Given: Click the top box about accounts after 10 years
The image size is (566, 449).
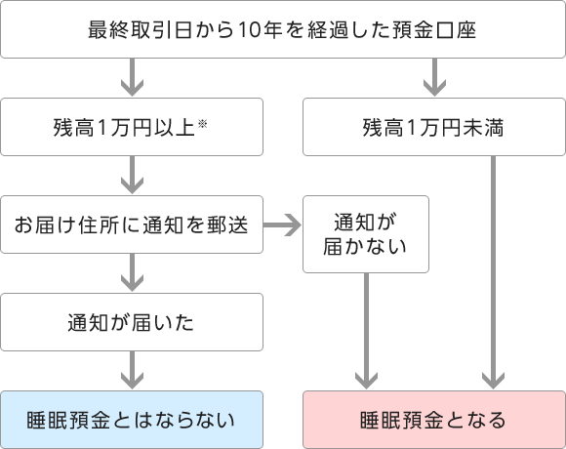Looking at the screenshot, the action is [283, 29].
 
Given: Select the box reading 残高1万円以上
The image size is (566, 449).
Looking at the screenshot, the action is [132, 127].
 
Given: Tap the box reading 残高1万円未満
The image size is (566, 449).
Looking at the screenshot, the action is [434, 127].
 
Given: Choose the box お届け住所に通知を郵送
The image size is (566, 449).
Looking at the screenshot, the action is [132, 224].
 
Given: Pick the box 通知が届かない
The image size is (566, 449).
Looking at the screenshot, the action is [366, 234].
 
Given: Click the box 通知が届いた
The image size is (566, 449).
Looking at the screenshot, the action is [132, 322].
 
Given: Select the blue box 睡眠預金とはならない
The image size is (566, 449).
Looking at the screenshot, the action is [132, 420].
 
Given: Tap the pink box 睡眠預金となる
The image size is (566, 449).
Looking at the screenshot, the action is [434, 420].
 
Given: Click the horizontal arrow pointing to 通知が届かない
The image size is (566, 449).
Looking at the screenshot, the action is [282, 224].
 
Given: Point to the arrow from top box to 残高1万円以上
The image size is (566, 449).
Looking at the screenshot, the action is [132, 77].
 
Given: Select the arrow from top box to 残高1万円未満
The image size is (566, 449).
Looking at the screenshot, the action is [434, 77].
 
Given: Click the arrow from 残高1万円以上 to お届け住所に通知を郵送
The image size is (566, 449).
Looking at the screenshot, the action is [132, 175].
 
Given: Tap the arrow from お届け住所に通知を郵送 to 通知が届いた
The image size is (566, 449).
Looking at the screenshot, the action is [132, 272].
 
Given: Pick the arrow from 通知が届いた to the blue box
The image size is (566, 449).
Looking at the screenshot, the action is [132, 370].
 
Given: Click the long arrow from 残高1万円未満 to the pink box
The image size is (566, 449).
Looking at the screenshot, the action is [493, 272].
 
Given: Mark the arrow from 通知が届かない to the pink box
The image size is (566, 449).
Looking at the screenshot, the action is [366, 331].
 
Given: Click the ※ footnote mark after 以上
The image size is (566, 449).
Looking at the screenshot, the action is [203, 124].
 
